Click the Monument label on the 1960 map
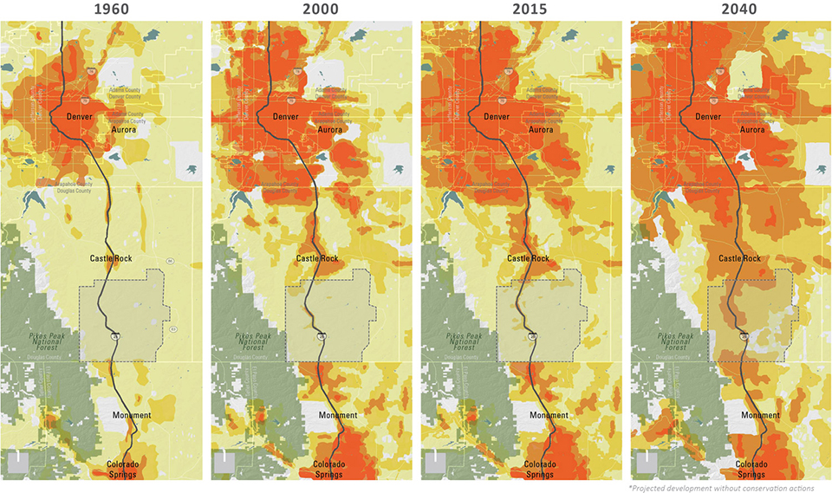point(132,415)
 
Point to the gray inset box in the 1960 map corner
point(19,461)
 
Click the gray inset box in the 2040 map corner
point(647,461)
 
